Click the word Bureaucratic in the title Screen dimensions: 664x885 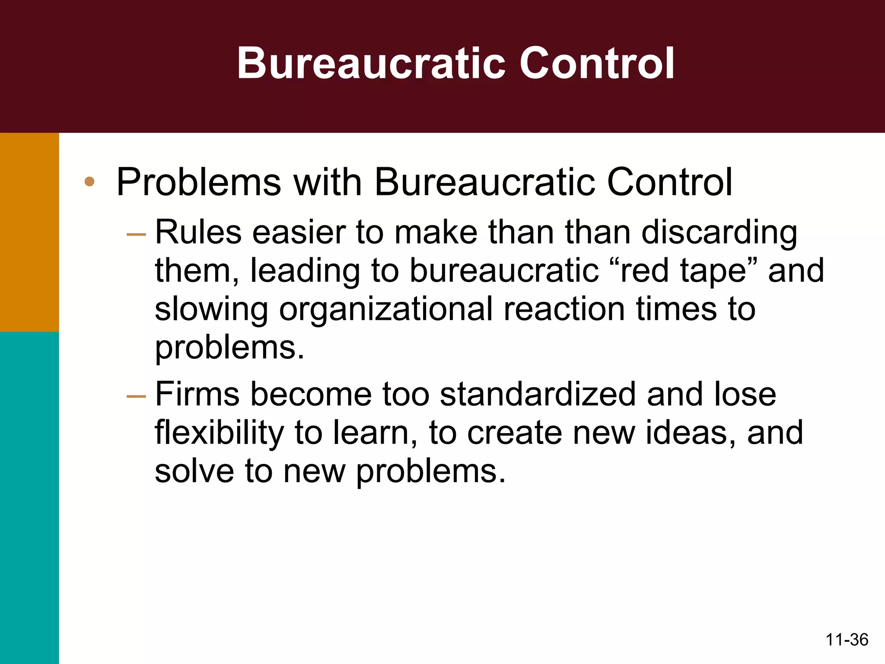371,64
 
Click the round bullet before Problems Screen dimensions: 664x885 89,182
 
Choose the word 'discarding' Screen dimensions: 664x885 719,232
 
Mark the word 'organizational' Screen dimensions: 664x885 386,310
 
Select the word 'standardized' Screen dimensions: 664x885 538,394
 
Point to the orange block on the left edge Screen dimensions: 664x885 29,232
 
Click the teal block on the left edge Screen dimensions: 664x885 29,497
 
